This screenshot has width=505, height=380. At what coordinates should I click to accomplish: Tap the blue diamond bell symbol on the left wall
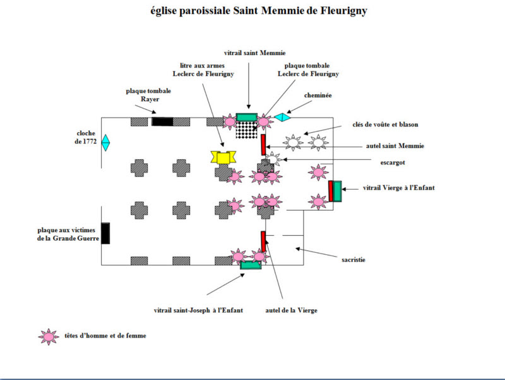tap(105, 143)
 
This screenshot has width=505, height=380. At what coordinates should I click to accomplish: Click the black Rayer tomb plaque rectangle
tap(162, 121)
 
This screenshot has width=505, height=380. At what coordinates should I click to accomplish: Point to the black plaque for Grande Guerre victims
tap(105, 233)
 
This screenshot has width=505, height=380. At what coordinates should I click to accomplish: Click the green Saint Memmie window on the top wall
tap(246, 117)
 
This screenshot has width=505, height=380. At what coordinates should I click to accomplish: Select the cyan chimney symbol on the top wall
tap(282, 117)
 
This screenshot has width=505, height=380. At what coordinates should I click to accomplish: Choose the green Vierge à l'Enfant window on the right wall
tap(336, 191)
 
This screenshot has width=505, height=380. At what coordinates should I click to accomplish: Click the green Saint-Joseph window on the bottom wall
tap(251, 266)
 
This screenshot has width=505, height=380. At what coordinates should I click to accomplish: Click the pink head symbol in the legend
tap(48, 336)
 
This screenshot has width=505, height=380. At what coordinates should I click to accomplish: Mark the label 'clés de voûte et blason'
tap(384, 125)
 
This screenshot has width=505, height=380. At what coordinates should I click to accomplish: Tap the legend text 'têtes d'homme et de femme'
tap(105, 336)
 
